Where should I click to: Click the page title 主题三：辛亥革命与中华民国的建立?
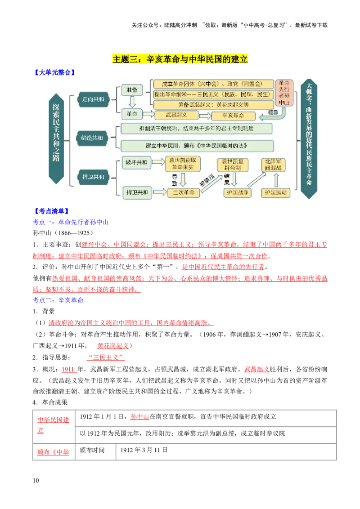(x=180, y=59)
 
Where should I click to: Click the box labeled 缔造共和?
(x=92, y=138)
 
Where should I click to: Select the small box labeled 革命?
(x=132, y=113)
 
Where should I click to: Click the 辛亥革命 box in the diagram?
(x=233, y=116)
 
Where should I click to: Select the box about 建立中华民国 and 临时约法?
(x=197, y=146)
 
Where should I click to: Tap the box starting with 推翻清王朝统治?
(x=197, y=129)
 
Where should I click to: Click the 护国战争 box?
(x=237, y=192)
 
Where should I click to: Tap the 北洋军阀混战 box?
(x=275, y=164)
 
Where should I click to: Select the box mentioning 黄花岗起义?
(x=213, y=104)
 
